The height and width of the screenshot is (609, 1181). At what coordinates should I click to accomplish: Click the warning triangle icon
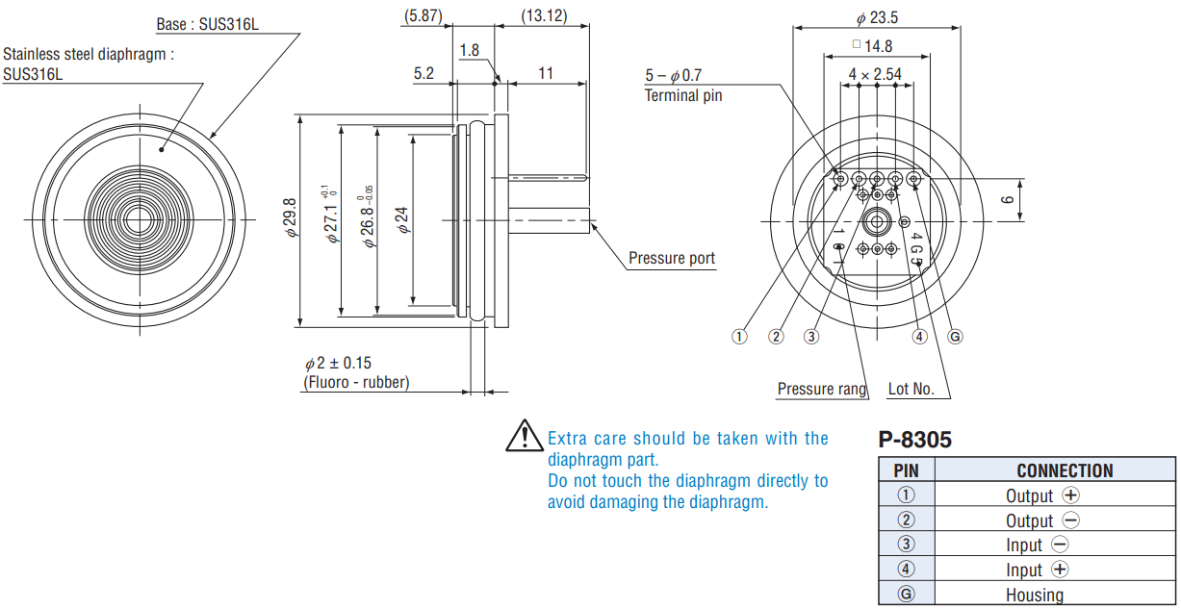point(524,436)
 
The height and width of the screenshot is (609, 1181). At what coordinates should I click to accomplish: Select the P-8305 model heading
point(914,440)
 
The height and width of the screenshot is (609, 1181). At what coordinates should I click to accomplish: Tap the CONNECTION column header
point(1065,470)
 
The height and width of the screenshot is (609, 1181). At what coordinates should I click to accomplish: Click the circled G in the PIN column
point(906,595)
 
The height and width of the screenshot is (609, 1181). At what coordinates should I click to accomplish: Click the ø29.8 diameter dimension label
point(290,217)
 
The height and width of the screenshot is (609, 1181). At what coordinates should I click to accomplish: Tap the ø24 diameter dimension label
point(402,220)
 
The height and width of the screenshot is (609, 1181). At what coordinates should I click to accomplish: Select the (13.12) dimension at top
point(544,15)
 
